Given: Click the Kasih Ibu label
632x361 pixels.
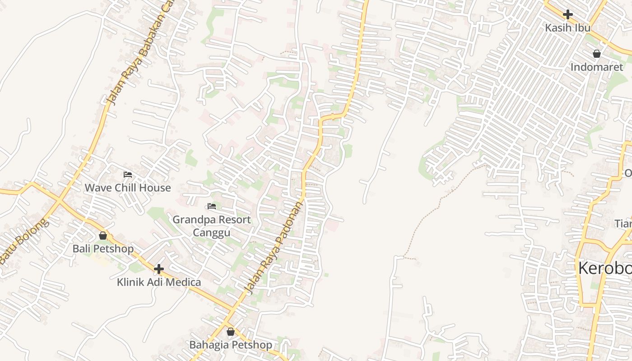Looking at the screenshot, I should (567, 28).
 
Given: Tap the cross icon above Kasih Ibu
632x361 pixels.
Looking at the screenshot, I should (567, 14).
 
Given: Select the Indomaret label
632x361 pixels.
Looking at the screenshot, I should (596, 67).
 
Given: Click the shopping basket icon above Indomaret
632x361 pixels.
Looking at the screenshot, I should (597, 54).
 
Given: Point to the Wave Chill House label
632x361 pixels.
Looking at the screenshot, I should (128, 188).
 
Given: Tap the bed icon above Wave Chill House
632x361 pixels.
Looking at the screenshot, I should (128, 175).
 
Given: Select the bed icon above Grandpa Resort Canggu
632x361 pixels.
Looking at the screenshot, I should (212, 207).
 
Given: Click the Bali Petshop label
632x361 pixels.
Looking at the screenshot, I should (103, 249).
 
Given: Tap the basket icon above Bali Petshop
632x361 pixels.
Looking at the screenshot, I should (103, 236).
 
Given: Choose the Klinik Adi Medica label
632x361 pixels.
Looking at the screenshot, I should (159, 282).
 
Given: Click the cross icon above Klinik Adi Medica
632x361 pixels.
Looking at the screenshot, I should (158, 269).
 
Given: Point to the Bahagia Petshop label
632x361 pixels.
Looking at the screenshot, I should (231, 345).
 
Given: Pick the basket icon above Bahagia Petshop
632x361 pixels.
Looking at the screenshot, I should (231, 332).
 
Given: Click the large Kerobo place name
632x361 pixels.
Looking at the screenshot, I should (604, 268).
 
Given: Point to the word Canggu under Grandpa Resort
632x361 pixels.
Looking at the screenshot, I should (212, 233).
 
